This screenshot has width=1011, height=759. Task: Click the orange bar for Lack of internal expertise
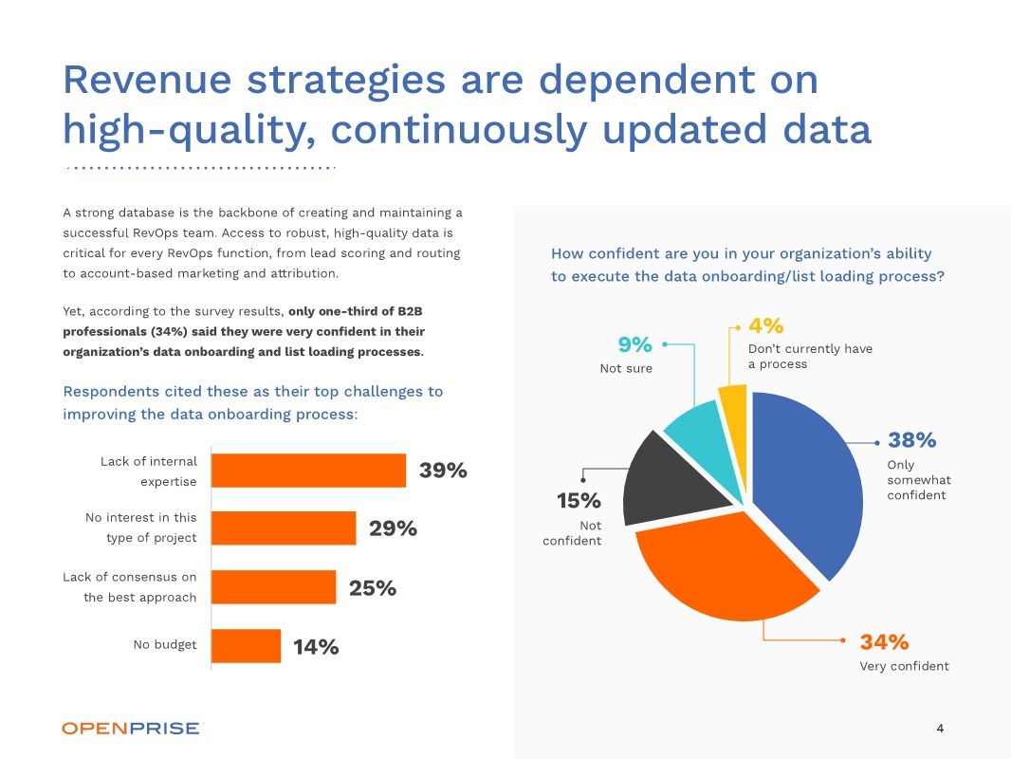coord(308,471)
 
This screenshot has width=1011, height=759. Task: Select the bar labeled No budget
coord(246,646)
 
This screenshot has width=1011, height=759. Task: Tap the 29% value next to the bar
coord(393,529)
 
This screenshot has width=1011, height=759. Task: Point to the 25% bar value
coord(373,588)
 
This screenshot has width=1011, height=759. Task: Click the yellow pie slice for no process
coord(733,417)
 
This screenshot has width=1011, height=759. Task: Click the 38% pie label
coord(911,440)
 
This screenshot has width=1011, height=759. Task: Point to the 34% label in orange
coord(884,642)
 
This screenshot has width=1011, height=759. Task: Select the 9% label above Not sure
coord(634,344)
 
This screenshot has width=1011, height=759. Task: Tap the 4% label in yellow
coord(765,325)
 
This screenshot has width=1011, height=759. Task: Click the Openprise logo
coord(131,729)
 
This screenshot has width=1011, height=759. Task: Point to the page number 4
coord(940,729)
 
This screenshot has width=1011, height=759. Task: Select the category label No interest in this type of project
coord(140,528)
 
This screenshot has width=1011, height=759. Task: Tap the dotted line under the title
coord(200,168)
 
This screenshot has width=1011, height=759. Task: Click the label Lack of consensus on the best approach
coord(130,586)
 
